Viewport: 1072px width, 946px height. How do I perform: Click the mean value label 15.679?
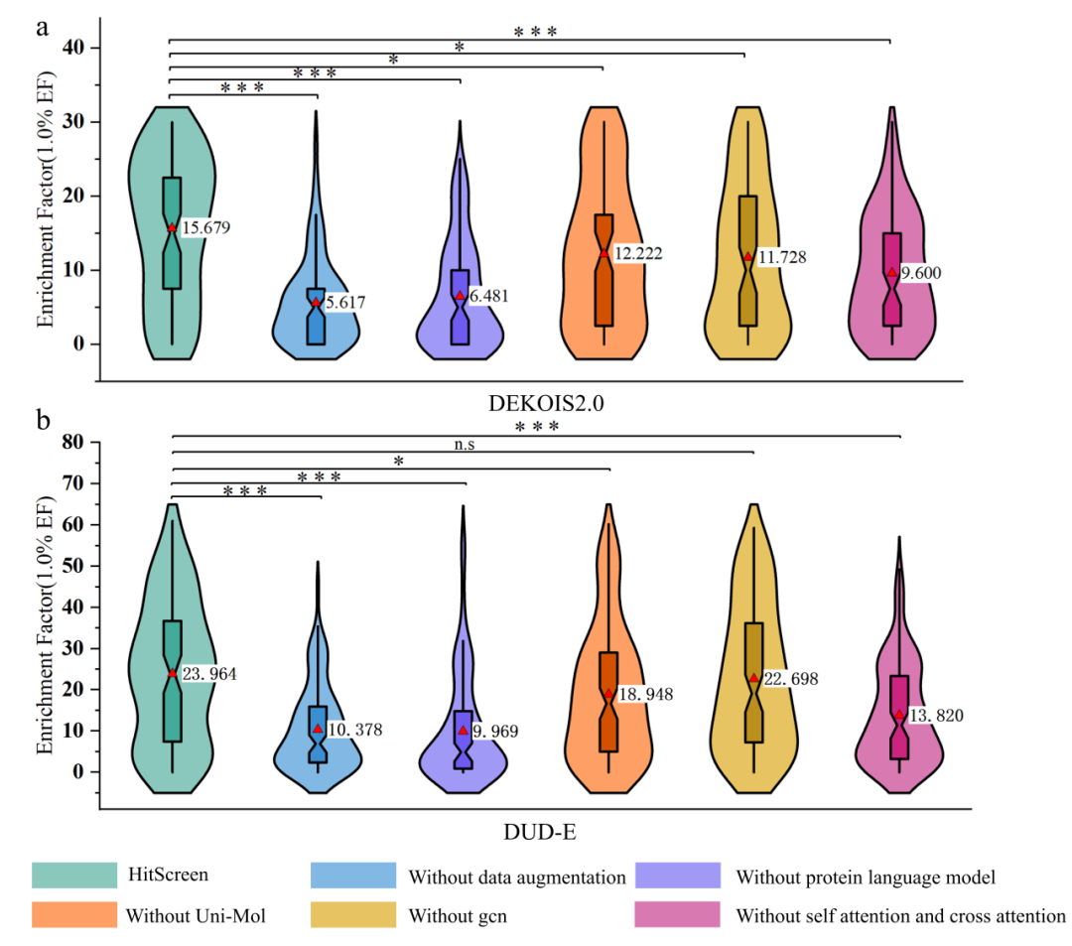204,228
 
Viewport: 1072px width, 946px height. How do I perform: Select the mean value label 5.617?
345,302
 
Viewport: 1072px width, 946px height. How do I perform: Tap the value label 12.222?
636,254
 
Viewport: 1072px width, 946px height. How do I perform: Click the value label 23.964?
210,674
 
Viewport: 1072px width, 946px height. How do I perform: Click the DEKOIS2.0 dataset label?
531,403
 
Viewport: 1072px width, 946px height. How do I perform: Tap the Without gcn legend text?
457,915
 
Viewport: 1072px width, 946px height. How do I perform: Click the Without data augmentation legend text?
516,878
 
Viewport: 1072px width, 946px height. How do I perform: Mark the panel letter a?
43,27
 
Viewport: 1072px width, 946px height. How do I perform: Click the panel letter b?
44,421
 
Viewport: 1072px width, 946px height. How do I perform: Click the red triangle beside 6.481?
461,297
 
